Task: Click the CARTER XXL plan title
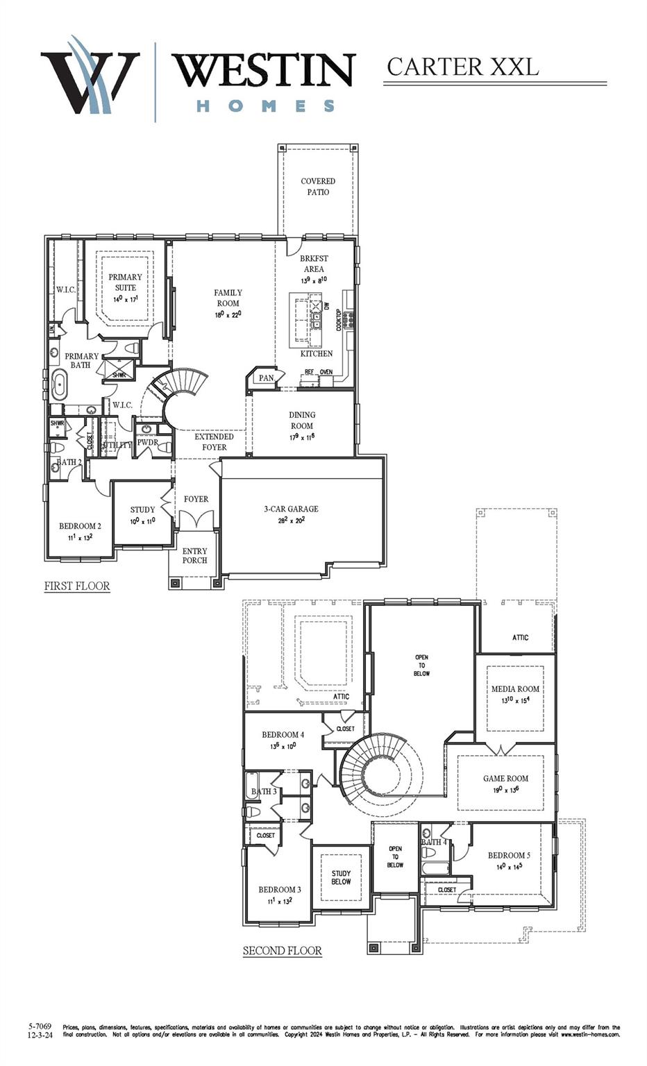click(x=462, y=67)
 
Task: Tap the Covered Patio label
click(x=318, y=186)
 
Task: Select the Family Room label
click(x=228, y=298)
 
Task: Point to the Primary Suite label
click(x=125, y=282)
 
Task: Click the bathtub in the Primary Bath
click(x=59, y=384)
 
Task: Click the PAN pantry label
click(x=266, y=378)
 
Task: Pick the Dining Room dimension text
click(x=302, y=437)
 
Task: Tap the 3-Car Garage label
click(x=291, y=509)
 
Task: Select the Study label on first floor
click(x=142, y=509)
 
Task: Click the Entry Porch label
click(x=194, y=555)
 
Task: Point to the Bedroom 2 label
click(x=80, y=526)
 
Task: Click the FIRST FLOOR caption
click(x=77, y=586)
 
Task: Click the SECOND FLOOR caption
click(x=282, y=950)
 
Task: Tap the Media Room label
click(x=515, y=689)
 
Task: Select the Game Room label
click(x=505, y=779)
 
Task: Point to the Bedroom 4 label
click(x=283, y=734)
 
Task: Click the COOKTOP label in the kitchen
click(x=339, y=319)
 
